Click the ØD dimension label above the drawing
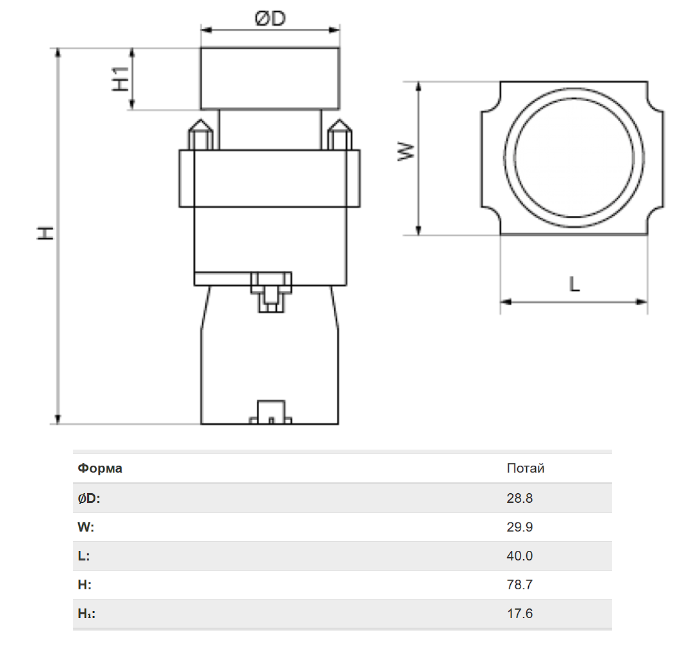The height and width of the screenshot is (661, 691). coord(270,19)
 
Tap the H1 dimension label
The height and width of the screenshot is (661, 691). coord(121,79)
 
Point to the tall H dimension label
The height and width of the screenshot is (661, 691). coord(45,233)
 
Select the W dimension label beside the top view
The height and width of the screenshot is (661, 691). coord(406,151)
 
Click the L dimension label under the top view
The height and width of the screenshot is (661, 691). coord(574,284)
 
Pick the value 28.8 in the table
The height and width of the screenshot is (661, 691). coord(520,498)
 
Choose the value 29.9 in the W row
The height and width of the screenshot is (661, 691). coord(520,526)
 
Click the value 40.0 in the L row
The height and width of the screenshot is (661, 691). coord(520,556)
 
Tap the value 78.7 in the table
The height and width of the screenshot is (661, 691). coord(520,584)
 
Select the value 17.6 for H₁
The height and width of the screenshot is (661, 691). coord(520,614)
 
